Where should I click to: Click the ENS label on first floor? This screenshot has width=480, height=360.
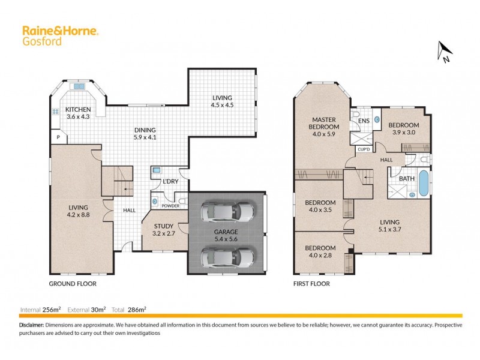364,121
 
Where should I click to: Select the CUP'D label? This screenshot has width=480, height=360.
363,149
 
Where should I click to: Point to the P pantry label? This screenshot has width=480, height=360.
58,137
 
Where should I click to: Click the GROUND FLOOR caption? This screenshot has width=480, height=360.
72,284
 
